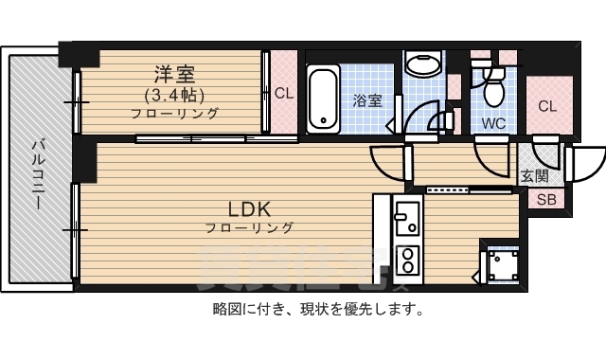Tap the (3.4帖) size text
tap(175, 95)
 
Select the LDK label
tap(250, 208)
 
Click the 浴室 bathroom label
tap(369, 100)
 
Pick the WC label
tap(493, 123)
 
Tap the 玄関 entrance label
tap(534, 175)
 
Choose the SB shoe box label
tap(546, 199)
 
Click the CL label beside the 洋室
tap(283, 93)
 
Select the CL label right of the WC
tap(547, 106)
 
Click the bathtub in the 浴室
tap(323, 98)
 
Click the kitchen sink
tap(407, 222)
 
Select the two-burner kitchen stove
tap(407, 259)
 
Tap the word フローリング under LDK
tap(250, 227)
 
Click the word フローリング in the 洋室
tap(175, 114)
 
